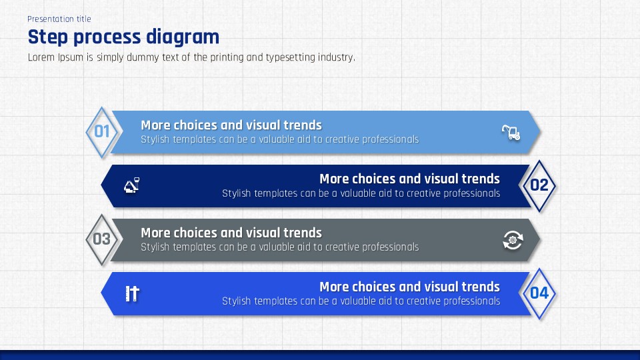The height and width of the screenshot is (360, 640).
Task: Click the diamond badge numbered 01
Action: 101,132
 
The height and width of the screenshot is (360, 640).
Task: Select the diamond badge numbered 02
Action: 539,186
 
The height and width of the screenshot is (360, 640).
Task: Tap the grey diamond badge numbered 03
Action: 101,239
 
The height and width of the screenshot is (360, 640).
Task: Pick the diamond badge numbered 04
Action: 539,293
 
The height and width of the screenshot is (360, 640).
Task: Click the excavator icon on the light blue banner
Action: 511,132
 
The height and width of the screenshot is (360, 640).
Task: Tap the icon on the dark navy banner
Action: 131,185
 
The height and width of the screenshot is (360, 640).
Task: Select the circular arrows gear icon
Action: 513,240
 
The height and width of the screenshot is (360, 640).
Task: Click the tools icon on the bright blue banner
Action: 132,293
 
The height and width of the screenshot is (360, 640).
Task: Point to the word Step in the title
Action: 48,37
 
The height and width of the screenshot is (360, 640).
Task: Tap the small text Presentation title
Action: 59,19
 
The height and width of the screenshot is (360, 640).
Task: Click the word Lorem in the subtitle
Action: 41,57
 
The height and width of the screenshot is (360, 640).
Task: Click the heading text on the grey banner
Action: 231,233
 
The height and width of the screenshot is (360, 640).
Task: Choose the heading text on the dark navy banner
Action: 409,179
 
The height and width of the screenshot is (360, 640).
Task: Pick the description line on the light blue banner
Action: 279,139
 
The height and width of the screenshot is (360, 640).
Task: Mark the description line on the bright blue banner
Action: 361,301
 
